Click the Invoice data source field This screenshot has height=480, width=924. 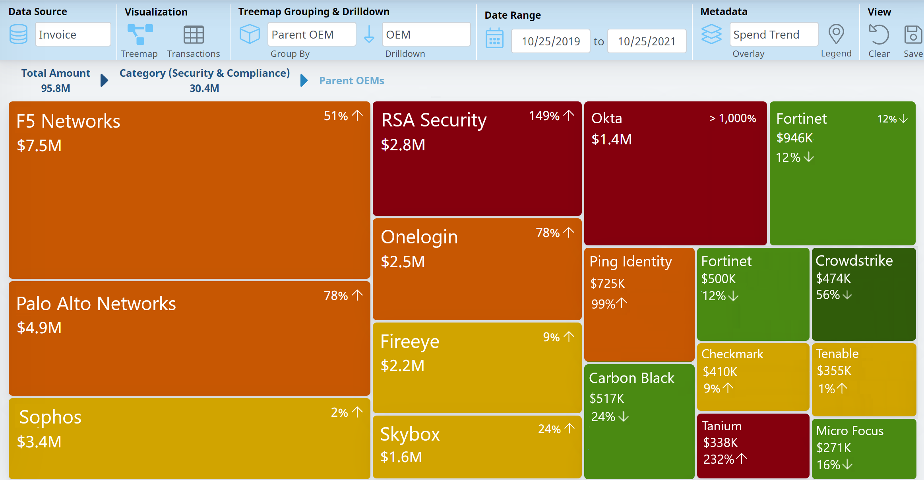click(x=73, y=35)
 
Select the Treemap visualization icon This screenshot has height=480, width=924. click(x=140, y=35)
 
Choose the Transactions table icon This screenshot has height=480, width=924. click(x=194, y=35)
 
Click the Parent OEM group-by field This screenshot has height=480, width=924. click(x=312, y=35)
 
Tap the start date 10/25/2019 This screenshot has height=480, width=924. click(x=550, y=41)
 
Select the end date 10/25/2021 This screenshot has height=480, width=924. click(x=647, y=41)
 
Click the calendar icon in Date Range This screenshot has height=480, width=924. click(x=494, y=39)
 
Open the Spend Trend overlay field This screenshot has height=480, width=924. click(x=773, y=35)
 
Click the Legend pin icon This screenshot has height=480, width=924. click(x=836, y=35)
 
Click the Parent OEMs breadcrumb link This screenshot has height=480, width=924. click(x=352, y=81)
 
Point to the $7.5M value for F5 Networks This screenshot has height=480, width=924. click(x=39, y=146)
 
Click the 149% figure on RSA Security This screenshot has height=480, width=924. click(x=544, y=116)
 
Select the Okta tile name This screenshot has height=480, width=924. click(x=606, y=119)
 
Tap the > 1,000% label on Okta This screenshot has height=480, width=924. click(x=732, y=118)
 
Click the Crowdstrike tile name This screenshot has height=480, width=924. click(x=854, y=261)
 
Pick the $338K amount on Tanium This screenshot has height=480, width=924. click(x=721, y=442)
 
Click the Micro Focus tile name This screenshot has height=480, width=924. click(x=850, y=431)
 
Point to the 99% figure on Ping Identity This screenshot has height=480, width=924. click(x=603, y=304)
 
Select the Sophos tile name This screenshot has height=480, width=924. click(x=50, y=417)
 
